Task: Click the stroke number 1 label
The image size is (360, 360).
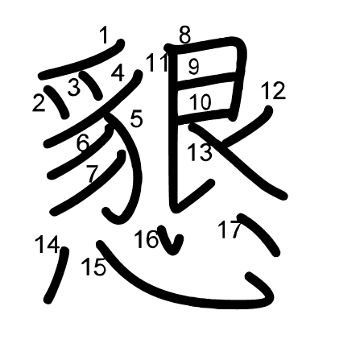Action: [104, 35]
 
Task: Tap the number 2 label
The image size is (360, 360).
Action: [39, 103]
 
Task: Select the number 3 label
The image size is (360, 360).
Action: [74, 87]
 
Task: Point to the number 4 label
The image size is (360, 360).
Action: [118, 73]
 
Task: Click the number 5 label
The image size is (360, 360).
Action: [136, 119]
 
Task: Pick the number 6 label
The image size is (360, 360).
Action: [83, 143]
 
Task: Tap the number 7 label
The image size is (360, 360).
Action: [92, 173]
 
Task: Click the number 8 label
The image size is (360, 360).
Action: [185, 35]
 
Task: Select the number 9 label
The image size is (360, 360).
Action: [193, 67]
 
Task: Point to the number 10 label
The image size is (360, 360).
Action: [201, 102]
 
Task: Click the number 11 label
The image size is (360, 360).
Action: [157, 63]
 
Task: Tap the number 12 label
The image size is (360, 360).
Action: [273, 91]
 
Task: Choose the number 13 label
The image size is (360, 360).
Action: [200, 152]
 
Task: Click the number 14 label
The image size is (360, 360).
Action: [47, 244]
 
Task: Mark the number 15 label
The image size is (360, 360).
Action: [93, 267]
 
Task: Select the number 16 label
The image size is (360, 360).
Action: [147, 239]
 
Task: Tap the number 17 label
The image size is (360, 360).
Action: [229, 230]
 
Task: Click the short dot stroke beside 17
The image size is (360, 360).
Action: [259, 234]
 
